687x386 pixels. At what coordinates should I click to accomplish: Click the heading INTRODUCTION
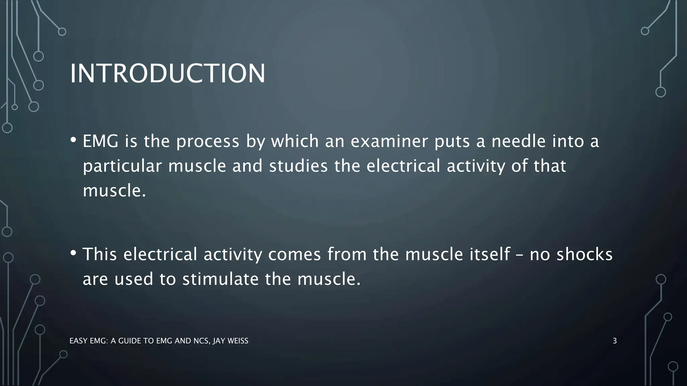[x=167, y=73]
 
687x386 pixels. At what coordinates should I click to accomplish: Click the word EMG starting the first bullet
[x=100, y=141]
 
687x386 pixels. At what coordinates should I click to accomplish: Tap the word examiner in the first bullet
[x=389, y=141]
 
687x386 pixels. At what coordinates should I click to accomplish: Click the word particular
[x=122, y=167]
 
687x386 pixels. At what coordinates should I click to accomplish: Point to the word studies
[x=298, y=167]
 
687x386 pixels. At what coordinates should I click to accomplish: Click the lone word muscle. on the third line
[x=114, y=191]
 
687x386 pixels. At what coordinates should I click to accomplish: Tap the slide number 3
[x=615, y=341]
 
